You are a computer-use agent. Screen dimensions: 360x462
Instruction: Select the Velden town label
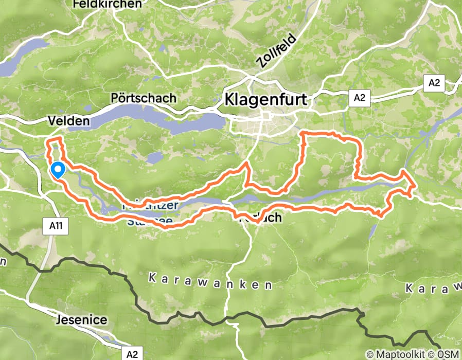pyautogui.click(x=68, y=121)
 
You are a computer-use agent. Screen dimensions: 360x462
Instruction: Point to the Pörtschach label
pyautogui.click(x=143, y=97)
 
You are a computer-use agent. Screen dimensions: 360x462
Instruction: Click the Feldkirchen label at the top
pyautogui.click(x=107, y=5)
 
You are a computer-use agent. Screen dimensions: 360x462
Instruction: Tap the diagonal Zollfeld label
pyautogui.click(x=276, y=51)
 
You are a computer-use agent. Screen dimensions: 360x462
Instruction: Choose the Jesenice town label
pyautogui.click(x=82, y=320)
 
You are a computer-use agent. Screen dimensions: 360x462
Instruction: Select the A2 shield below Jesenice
pyautogui.click(x=132, y=353)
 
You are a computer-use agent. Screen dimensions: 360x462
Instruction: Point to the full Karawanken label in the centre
pyautogui.click(x=210, y=281)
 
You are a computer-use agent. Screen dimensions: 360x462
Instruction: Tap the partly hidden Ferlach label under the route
pyautogui.click(x=261, y=218)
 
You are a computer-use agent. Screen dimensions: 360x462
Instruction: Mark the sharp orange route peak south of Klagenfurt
pyautogui.click(x=247, y=163)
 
